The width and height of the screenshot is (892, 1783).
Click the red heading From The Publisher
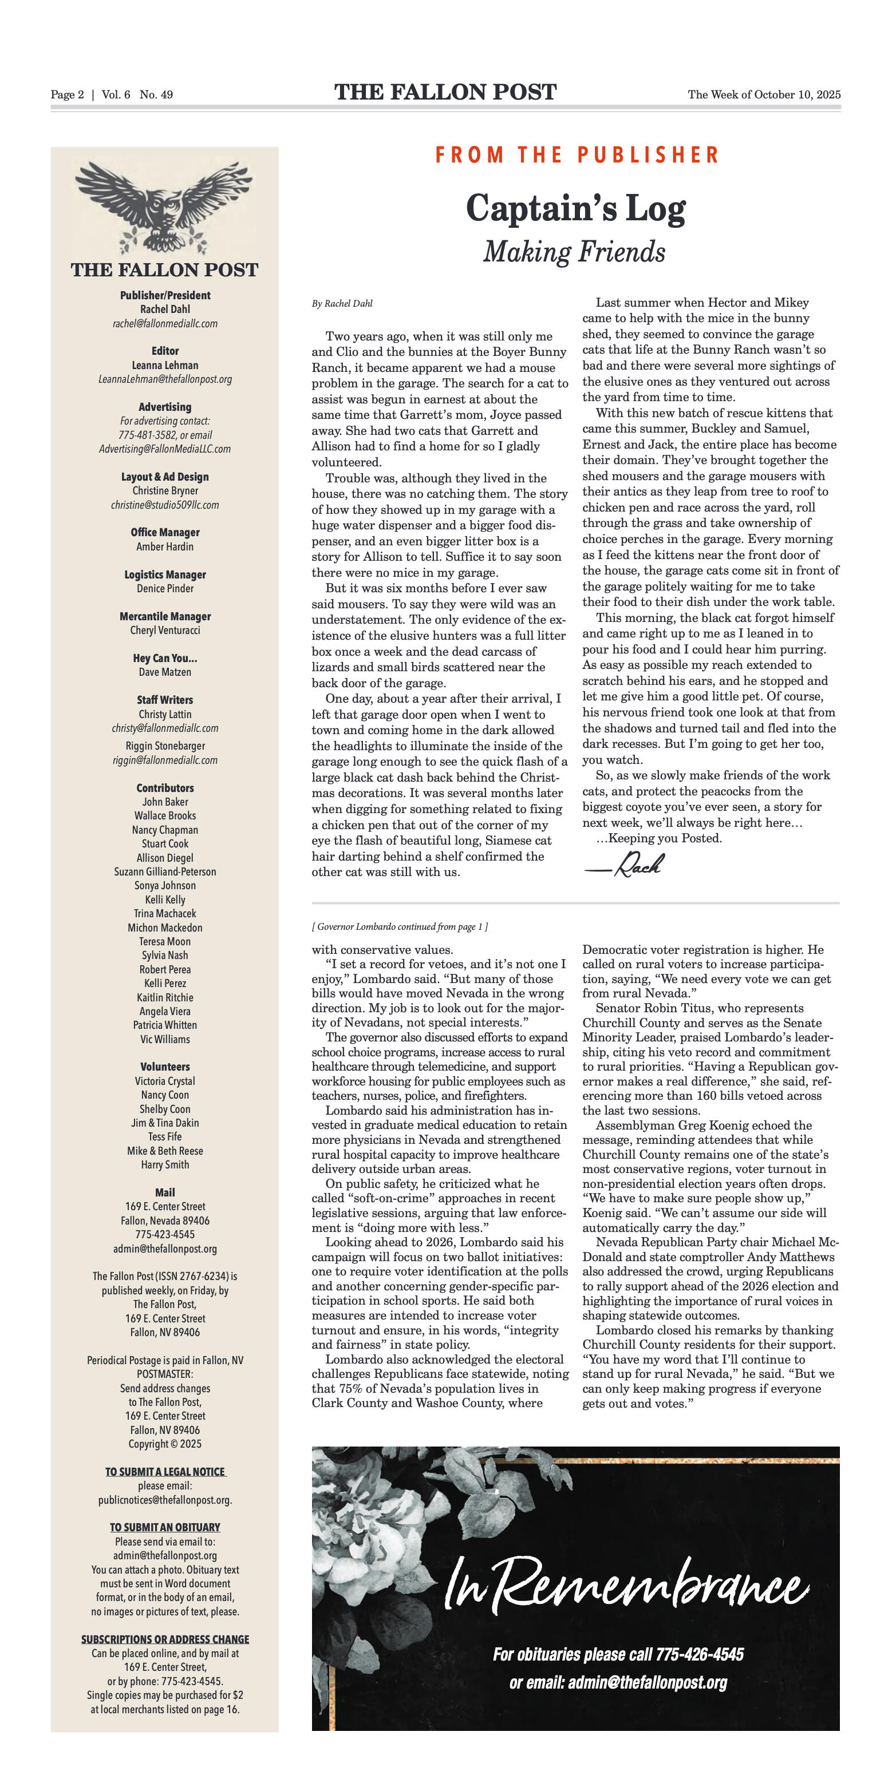577,155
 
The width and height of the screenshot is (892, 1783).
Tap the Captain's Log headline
575,208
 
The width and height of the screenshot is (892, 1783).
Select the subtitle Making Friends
574,252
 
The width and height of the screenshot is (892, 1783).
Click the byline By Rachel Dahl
342,303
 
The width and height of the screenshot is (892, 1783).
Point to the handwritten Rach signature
625,865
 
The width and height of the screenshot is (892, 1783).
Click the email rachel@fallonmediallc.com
165,323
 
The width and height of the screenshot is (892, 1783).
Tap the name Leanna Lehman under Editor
165,364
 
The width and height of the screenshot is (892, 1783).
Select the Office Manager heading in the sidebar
165,532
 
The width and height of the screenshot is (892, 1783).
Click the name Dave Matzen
165,672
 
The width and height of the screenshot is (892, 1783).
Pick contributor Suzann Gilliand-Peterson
165,871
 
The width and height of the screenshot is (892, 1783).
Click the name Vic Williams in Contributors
165,1039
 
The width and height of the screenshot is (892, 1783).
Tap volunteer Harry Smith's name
165,1164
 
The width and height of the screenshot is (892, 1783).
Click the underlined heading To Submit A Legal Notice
165,1472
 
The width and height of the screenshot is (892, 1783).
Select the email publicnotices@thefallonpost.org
165,1500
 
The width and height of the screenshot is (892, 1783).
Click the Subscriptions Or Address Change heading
165,1639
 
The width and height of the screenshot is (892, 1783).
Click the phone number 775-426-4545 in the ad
700,1654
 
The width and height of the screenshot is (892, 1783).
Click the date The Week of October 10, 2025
764,95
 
